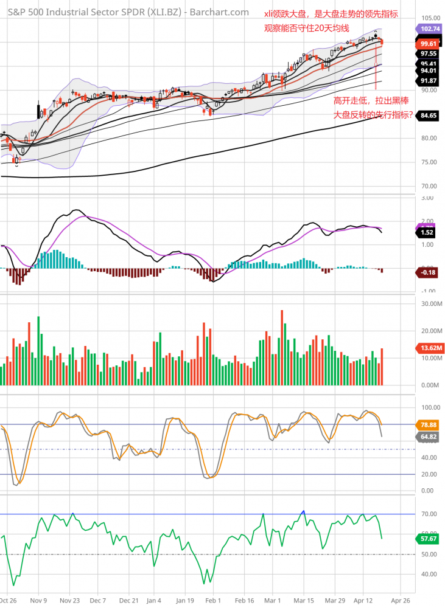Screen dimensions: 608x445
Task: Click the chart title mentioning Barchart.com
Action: pyautogui.click(x=128, y=12)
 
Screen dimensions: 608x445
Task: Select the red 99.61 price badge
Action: pyautogui.click(x=430, y=44)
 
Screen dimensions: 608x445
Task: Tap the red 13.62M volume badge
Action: pyautogui.click(x=430, y=348)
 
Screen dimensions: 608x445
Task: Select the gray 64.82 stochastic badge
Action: pyautogui.click(x=430, y=436)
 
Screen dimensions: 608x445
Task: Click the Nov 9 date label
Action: pyautogui.click(x=38, y=599)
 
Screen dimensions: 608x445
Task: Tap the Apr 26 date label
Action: pyautogui.click(x=400, y=599)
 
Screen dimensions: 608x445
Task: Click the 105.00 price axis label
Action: pyautogui.click(x=430, y=18)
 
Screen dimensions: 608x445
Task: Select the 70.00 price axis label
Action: pyautogui.click(x=430, y=186)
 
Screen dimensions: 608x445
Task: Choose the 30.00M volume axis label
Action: pyautogui.click(x=430, y=303)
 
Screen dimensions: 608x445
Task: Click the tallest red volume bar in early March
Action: pyautogui.click(x=282, y=347)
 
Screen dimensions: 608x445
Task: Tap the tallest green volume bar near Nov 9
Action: pyautogui.click(x=38, y=350)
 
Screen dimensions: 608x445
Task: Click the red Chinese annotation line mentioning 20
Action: pyautogui.click(x=306, y=28)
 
